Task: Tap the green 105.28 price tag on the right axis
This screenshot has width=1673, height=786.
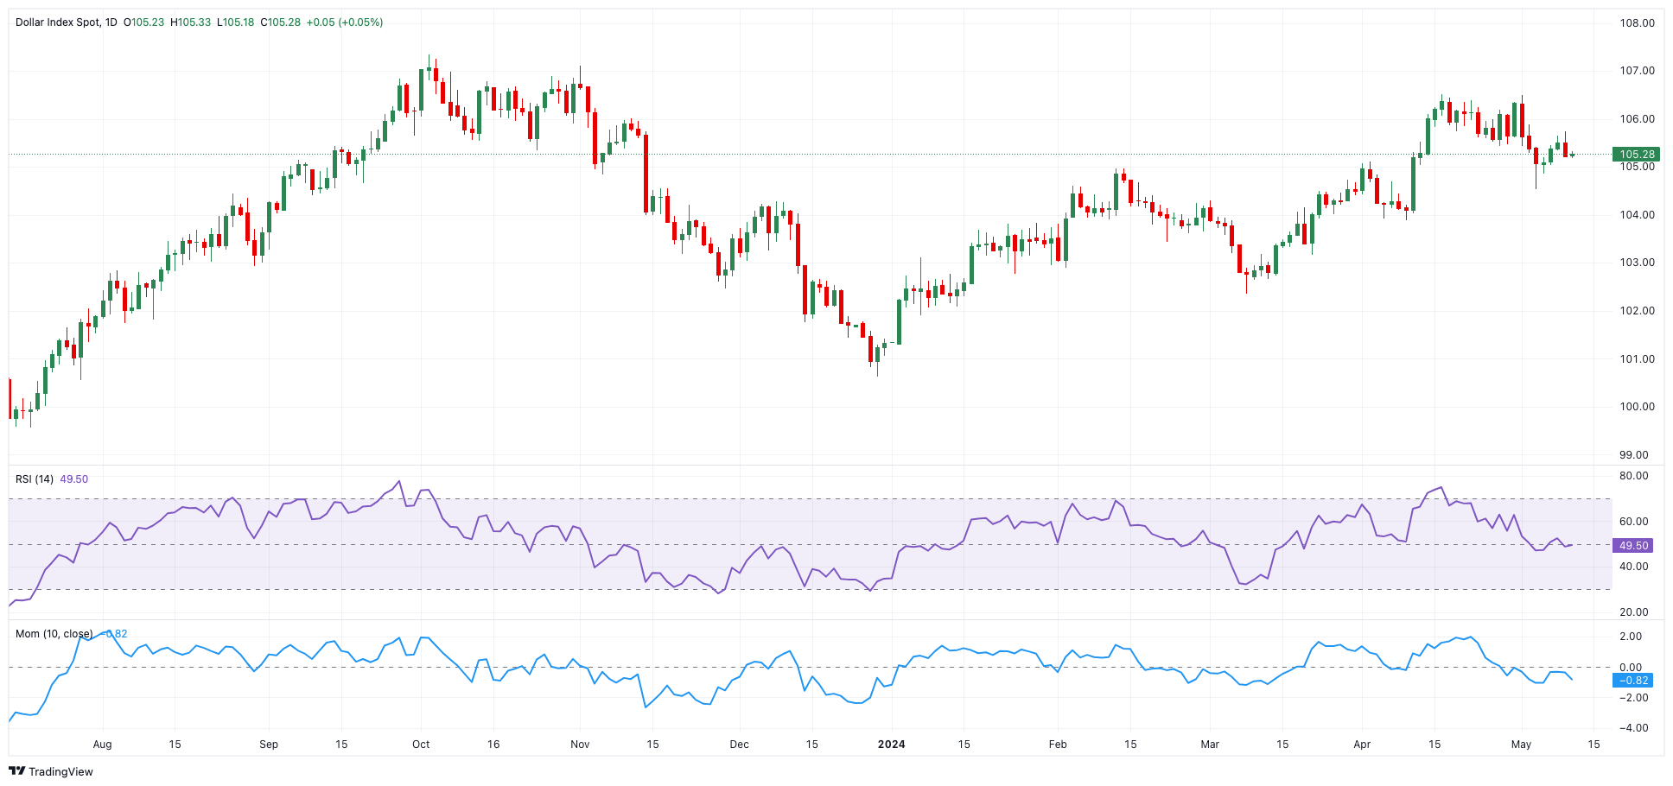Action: (x=1636, y=155)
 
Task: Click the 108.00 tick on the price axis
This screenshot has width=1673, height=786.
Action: (x=1637, y=23)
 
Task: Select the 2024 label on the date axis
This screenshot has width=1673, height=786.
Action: (x=891, y=745)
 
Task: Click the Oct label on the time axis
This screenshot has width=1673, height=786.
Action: (x=421, y=745)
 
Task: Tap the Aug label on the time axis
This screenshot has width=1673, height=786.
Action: (x=102, y=745)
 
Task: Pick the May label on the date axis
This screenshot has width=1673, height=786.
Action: (x=1521, y=745)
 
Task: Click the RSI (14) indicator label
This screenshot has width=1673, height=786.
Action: (x=35, y=479)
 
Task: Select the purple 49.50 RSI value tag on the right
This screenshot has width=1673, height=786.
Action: (x=1633, y=546)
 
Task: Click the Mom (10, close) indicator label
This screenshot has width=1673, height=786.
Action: (x=54, y=634)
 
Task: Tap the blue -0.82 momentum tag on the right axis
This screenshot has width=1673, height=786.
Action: (x=1633, y=681)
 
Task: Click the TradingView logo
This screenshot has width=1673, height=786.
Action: (x=51, y=771)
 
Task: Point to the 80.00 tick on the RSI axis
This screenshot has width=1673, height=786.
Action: (x=1634, y=476)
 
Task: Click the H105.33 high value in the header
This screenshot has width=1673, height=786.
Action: (x=191, y=22)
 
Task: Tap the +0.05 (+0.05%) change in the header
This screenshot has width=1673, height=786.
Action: (x=345, y=22)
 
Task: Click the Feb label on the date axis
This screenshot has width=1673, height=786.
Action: (x=1058, y=745)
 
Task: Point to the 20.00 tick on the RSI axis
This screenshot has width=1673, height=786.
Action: (x=1634, y=612)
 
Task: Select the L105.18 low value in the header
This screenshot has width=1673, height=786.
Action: (x=235, y=22)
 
